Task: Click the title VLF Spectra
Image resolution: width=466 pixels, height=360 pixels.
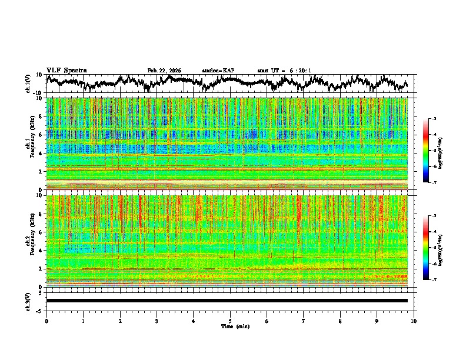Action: click(66, 70)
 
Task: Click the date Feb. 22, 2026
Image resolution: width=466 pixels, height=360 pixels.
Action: click(164, 71)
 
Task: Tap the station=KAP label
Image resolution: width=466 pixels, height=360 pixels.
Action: click(218, 71)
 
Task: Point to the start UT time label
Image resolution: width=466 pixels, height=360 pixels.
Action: click(284, 71)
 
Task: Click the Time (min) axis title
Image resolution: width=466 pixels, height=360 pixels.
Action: click(230, 326)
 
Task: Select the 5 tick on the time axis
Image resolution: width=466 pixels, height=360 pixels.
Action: click(230, 321)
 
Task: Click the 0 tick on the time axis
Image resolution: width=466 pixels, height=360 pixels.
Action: click(46, 321)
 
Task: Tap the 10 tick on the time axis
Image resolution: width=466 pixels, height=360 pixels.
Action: click(414, 321)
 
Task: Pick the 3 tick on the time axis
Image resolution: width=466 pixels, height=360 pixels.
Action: click(157, 321)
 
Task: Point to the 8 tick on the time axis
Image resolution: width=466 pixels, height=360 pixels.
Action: click(340, 321)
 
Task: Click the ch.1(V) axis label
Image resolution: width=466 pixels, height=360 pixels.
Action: click(28, 84)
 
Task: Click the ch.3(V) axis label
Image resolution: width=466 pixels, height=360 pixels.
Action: click(28, 300)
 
